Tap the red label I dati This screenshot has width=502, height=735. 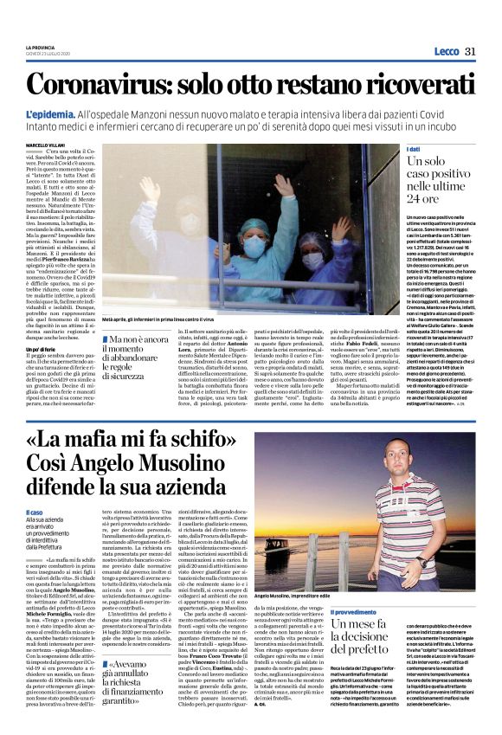(415, 150)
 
